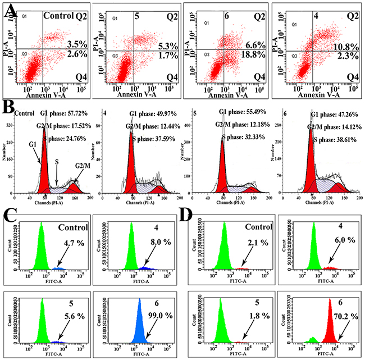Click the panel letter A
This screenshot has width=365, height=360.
10,12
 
